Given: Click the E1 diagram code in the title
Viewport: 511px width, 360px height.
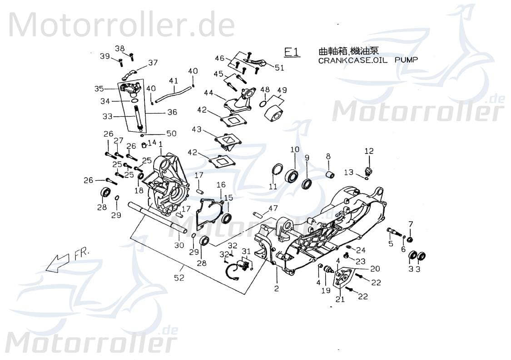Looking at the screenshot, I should [292, 52].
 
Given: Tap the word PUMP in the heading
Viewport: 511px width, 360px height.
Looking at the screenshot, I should [406, 59].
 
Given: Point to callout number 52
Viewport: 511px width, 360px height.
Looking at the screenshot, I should [179, 278].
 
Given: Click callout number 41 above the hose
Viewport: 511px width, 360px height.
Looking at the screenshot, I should [173, 81].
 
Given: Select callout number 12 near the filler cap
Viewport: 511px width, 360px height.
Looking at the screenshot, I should [368, 151].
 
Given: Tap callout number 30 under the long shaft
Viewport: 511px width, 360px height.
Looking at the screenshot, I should [179, 245].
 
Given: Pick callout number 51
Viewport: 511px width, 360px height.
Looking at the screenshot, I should [279, 68].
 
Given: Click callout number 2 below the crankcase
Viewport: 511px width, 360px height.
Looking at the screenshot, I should [276, 288].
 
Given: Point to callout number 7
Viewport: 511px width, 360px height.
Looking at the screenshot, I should [411, 223].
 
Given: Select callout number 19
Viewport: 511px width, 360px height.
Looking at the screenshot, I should [326, 290].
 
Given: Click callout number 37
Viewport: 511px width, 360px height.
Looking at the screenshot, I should [153, 63].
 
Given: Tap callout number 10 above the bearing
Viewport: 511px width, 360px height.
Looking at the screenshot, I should [294, 149].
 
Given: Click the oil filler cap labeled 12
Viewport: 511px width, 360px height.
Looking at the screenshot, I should [368, 171].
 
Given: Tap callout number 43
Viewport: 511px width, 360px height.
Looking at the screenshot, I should [196, 129].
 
